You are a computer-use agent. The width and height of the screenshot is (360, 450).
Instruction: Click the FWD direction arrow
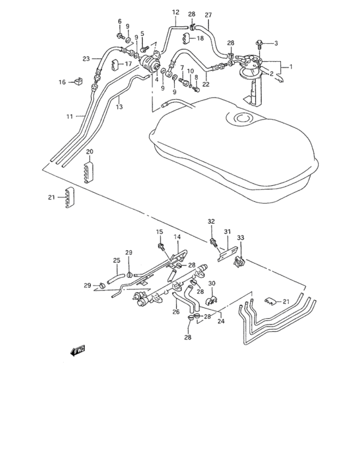tap(78, 350)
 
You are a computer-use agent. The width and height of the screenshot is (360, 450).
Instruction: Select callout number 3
tap(276, 44)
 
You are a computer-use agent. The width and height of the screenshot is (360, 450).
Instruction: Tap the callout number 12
tap(175, 12)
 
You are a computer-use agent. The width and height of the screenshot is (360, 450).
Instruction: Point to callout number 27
tap(208, 15)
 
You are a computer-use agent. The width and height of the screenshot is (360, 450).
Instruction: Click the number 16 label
tap(62, 82)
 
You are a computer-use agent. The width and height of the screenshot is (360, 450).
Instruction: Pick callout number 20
tap(90, 152)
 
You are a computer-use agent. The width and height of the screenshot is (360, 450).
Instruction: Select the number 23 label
tap(86, 59)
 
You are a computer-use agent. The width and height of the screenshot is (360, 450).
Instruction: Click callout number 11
tap(69, 116)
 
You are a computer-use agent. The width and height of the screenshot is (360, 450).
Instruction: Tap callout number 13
tap(119, 107)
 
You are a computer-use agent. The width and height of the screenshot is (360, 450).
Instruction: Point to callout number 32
tap(210, 221)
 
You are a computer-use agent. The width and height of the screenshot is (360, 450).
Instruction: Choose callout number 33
tap(241, 238)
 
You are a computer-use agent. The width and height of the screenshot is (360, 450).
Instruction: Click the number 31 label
tap(226, 232)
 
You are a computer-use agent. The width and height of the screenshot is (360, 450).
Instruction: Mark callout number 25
tap(116, 260)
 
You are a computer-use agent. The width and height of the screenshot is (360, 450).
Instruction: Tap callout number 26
tap(175, 312)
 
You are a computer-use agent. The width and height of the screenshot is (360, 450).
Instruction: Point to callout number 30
tap(212, 283)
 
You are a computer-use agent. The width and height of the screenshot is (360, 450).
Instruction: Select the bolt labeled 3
tap(260, 43)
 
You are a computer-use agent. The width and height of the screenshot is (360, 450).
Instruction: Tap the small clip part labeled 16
tap(79, 81)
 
